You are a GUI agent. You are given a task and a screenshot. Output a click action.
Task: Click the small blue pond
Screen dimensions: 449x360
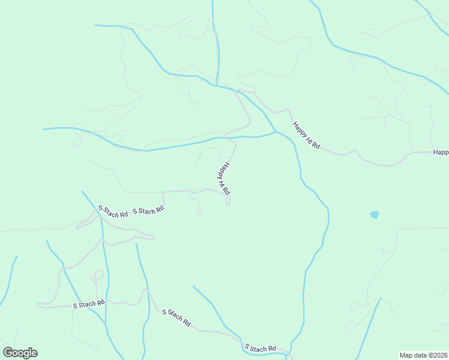pyautogui.click(x=375, y=214)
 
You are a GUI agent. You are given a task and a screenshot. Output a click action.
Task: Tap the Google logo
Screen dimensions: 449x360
pyautogui.click(x=20, y=353)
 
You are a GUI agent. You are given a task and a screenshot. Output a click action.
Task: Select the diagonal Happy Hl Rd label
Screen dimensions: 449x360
pyautogui.click(x=307, y=136)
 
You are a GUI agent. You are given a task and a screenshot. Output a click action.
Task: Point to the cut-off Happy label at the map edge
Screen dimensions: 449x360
pyautogui.click(x=441, y=152)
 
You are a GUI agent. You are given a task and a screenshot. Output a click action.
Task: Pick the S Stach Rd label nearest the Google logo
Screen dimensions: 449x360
pyautogui.click(x=89, y=304)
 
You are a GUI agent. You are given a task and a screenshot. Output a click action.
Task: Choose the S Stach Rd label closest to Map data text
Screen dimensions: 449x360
pyautogui.click(x=260, y=348)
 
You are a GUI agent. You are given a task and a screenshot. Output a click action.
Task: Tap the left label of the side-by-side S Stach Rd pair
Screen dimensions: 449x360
pyautogui.click(x=113, y=211)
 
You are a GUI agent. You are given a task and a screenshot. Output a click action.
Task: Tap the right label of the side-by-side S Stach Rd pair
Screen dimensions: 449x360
pyautogui.click(x=148, y=211)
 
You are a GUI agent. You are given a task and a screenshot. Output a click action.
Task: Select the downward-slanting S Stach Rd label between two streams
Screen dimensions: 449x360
pyautogui.click(x=176, y=318)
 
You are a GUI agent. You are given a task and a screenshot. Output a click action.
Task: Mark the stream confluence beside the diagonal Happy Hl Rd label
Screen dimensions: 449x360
pyautogui.click(x=276, y=131)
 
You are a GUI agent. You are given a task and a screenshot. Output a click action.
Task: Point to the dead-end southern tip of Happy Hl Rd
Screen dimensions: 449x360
pyautogui.click(x=228, y=205)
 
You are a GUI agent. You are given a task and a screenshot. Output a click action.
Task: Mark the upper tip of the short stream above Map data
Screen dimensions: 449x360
pyautogui.click(x=381, y=298)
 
